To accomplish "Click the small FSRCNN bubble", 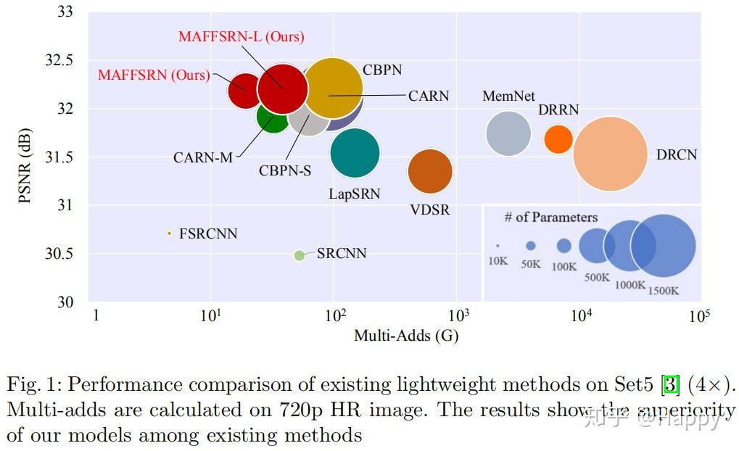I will [169, 233].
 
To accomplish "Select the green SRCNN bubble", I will [300, 255].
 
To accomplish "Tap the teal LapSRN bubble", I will [355, 152].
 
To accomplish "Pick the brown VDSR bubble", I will [430, 172].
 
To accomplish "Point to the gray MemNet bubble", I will [508, 133].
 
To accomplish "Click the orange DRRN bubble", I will [558, 138].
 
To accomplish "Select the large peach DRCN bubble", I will [610, 154].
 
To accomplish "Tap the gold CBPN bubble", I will [333, 87].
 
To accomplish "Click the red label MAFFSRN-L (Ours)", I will [241, 36].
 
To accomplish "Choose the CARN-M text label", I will [203, 157].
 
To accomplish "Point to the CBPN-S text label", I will [285, 172].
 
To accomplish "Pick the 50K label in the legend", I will [531, 265].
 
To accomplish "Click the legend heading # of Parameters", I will [551, 218].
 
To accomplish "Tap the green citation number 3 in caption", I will [670, 384].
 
